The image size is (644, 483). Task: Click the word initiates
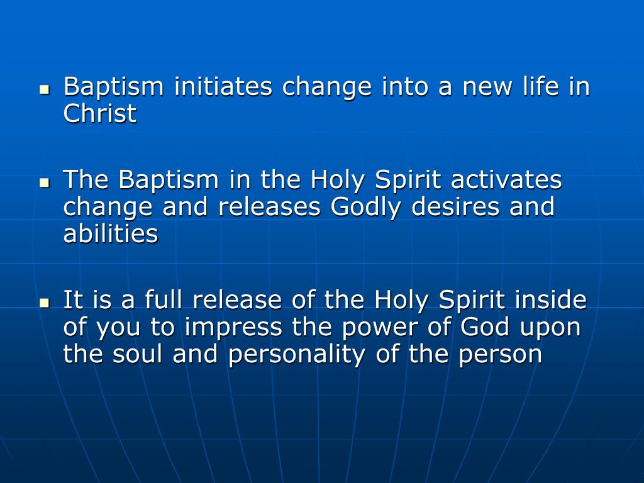click(x=223, y=87)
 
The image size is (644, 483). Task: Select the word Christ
click(x=100, y=114)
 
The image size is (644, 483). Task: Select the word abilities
click(x=111, y=234)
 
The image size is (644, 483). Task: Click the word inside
click(x=550, y=301)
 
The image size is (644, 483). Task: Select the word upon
click(x=551, y=328)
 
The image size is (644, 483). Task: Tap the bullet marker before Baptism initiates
click(x=44, y=89)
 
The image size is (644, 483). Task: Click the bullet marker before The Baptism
click(x=44, y=183)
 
